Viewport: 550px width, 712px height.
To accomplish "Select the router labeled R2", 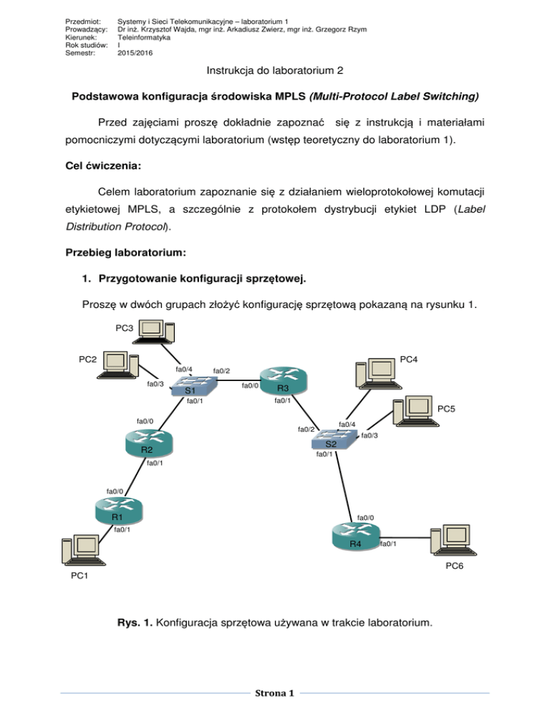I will pos(148,444).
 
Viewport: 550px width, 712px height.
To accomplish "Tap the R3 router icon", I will pos(284,381).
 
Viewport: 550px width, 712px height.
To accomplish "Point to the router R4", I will pos(354,539).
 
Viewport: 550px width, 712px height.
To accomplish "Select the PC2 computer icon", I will pos(120,365).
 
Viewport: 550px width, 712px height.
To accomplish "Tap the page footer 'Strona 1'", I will pos(274,693).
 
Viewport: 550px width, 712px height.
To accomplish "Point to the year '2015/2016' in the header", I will pos(135,52).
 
